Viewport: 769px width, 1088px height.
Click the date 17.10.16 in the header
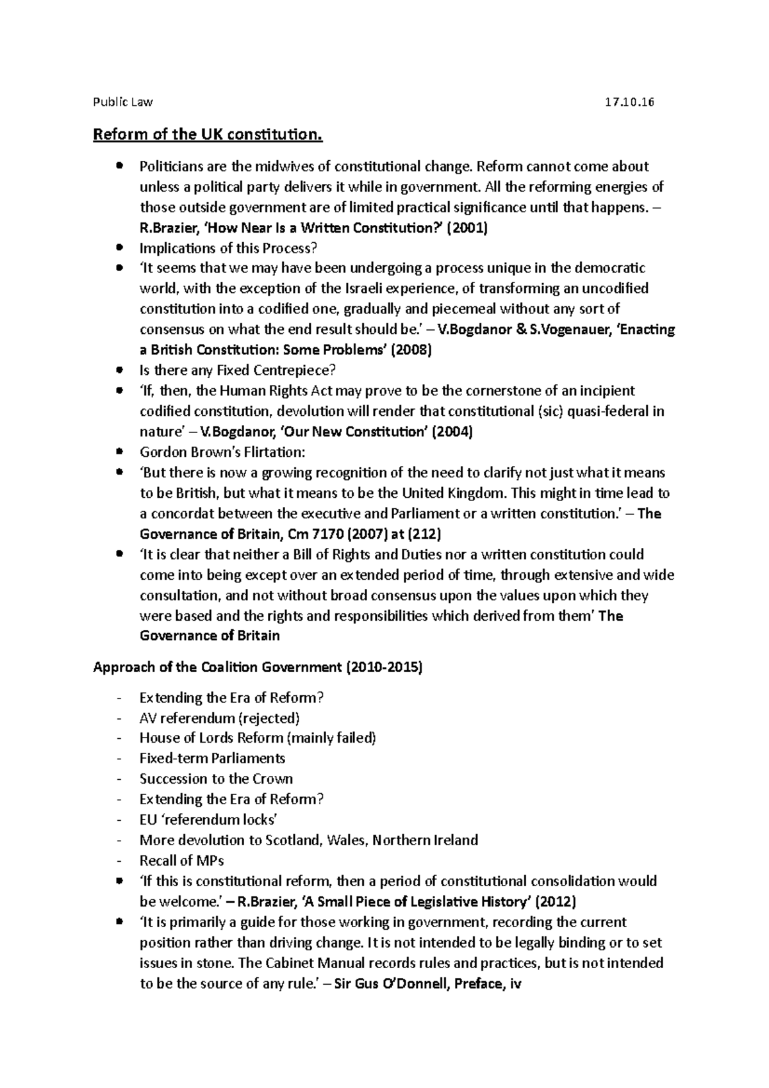[629, 102]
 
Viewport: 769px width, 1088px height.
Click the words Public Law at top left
[123, 102]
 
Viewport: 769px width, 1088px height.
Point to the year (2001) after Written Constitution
[467, 228]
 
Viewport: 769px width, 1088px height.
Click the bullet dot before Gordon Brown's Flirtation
[119, 452]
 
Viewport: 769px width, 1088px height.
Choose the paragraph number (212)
[424, 534]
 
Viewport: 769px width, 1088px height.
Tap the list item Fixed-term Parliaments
[212, 759]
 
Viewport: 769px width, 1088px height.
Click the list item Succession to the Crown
[216, 779]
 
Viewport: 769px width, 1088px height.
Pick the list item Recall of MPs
[181, 861]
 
